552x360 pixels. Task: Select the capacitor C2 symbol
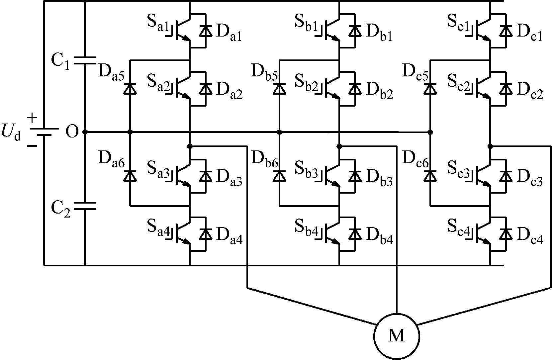coord(85,206)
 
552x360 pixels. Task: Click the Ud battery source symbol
coord(44,132)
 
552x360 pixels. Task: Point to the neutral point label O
coord(71,132)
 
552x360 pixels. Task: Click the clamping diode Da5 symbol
coord(130,89)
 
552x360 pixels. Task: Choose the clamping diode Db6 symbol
coord(279,176)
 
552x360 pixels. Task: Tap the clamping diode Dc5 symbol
coord(430,89)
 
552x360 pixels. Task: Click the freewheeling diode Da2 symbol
coord(206,89)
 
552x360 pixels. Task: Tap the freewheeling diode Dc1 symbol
coord(506,31)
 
